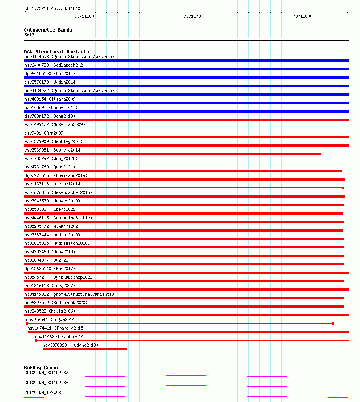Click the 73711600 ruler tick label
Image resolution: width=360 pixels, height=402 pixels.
click(x=84, y=16)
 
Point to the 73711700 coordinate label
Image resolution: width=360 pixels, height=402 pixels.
click(x=193, y=16)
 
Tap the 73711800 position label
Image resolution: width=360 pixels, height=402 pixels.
click(x=303, y=16)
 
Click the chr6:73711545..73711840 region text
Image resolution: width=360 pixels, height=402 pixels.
click(x=52, y=8)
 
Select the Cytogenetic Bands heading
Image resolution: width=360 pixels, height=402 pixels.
click(x=48, y=30)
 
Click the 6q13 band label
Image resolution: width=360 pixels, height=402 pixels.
click(x=30, y=35)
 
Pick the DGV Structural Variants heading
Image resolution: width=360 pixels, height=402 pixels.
click(x=57, y=52)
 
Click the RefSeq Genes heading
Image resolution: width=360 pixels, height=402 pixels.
click(x=41, y=368)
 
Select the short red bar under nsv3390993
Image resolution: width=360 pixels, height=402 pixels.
click(x=85, y=349)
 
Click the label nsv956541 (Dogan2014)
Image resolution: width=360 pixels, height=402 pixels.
click(x=51, y=320)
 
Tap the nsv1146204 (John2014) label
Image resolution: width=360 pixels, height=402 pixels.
click(x=60, y=337)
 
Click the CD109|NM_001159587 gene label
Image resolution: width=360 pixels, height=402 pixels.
click(x=46, y=373)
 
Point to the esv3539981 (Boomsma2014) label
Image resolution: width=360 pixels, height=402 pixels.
click(x=53, y=150)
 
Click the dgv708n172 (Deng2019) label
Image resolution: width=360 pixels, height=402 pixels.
click(x=50, y=116)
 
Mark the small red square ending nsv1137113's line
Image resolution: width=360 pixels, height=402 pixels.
click(x=343, y=188)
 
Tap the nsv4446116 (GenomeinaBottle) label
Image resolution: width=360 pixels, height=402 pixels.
click(x=58, y=218)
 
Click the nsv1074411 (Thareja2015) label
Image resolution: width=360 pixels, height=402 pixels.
click(x=56, y=328)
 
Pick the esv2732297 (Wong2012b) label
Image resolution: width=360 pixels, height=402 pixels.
click(x=51, y=158)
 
